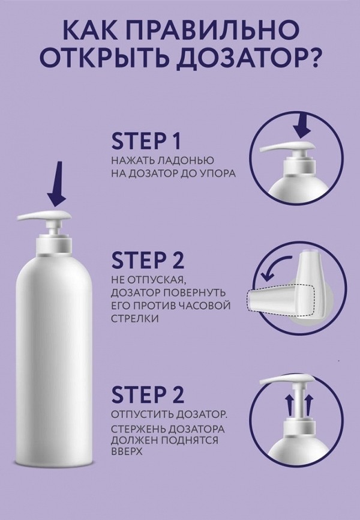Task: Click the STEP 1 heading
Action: pyautogui.click(x=146, y=141)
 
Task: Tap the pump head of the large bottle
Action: pyautogui.click(x=44, y=216)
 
